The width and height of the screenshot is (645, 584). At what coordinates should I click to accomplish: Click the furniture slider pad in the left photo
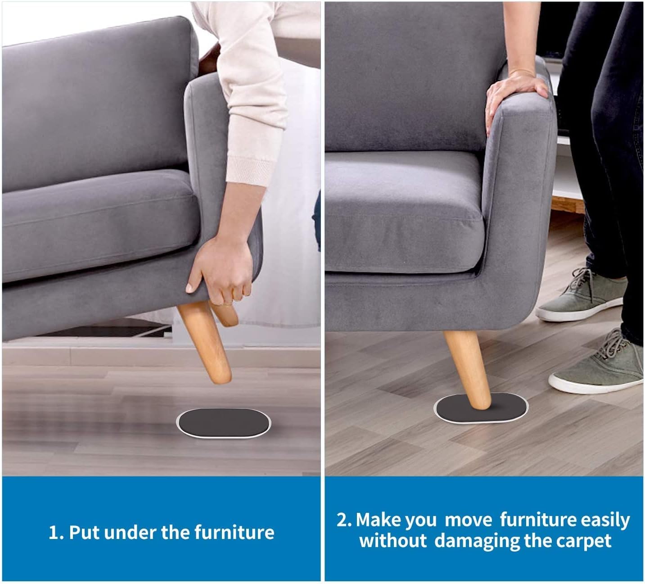click(x=223, y=423)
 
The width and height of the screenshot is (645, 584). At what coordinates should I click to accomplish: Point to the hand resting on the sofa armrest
click(x=514, y=96)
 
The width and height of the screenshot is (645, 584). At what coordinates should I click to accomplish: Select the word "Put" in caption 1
click(x=85, y=533)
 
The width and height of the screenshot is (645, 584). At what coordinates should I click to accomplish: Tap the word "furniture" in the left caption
click(x=235, y=533)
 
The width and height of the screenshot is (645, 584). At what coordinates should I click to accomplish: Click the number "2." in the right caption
click(x=344, y=520)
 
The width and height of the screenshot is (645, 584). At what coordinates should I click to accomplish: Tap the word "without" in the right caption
click(x=393, y=541)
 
